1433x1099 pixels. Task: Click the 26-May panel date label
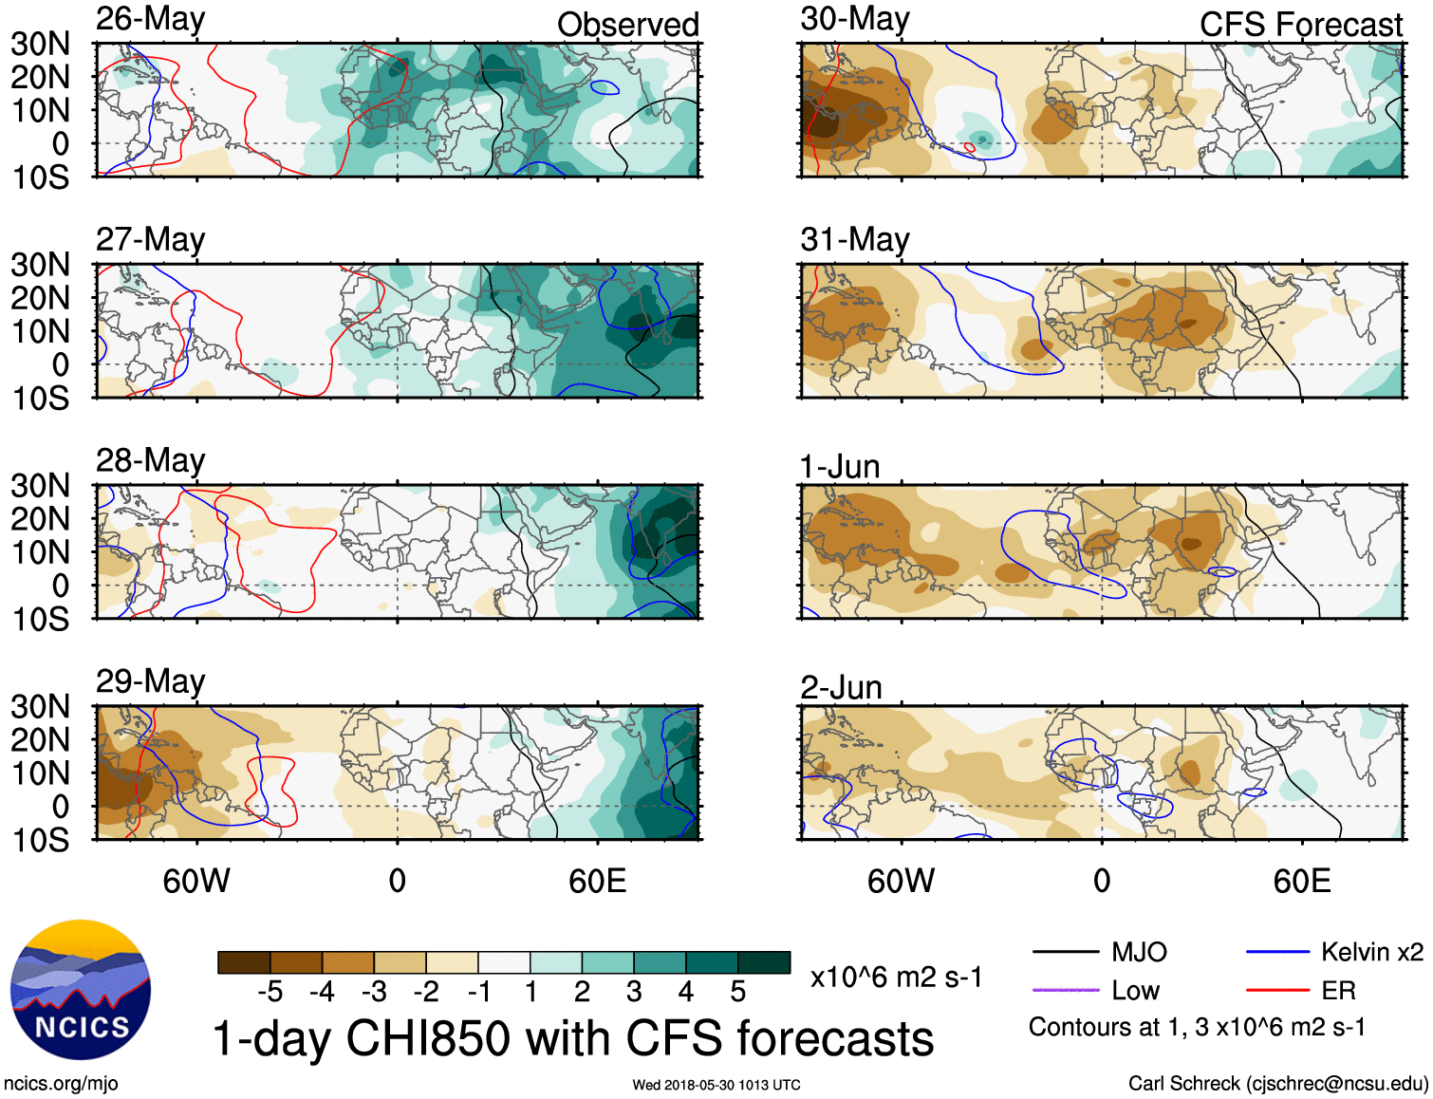point(150,20)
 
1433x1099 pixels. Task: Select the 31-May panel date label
point(854,239)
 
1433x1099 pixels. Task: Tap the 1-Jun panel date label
point(840,467)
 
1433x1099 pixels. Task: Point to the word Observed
point(627,25)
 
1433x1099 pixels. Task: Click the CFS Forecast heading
point(1300,25)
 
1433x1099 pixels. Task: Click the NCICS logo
point(81,990)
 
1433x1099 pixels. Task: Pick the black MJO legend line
point(1065,952)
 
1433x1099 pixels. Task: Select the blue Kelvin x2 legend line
point(1277,952)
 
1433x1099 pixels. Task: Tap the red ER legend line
point(1277,991)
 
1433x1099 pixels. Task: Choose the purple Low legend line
point(1065,991)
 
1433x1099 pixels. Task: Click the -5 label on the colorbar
point(270,992)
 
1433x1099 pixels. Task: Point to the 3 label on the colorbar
point(634,992)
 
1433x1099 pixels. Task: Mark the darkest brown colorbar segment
point(244,962)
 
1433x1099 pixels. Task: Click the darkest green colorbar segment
point(764,962)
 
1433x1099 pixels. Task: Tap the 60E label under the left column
point(597,881)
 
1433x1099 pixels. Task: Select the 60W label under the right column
point(901,881)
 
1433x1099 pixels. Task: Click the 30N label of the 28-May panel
point(40,486)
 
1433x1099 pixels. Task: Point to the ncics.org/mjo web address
point(61,1083)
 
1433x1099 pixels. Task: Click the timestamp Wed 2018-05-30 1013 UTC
point(716,1085)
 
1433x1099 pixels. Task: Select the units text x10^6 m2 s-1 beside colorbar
point(896,977)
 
